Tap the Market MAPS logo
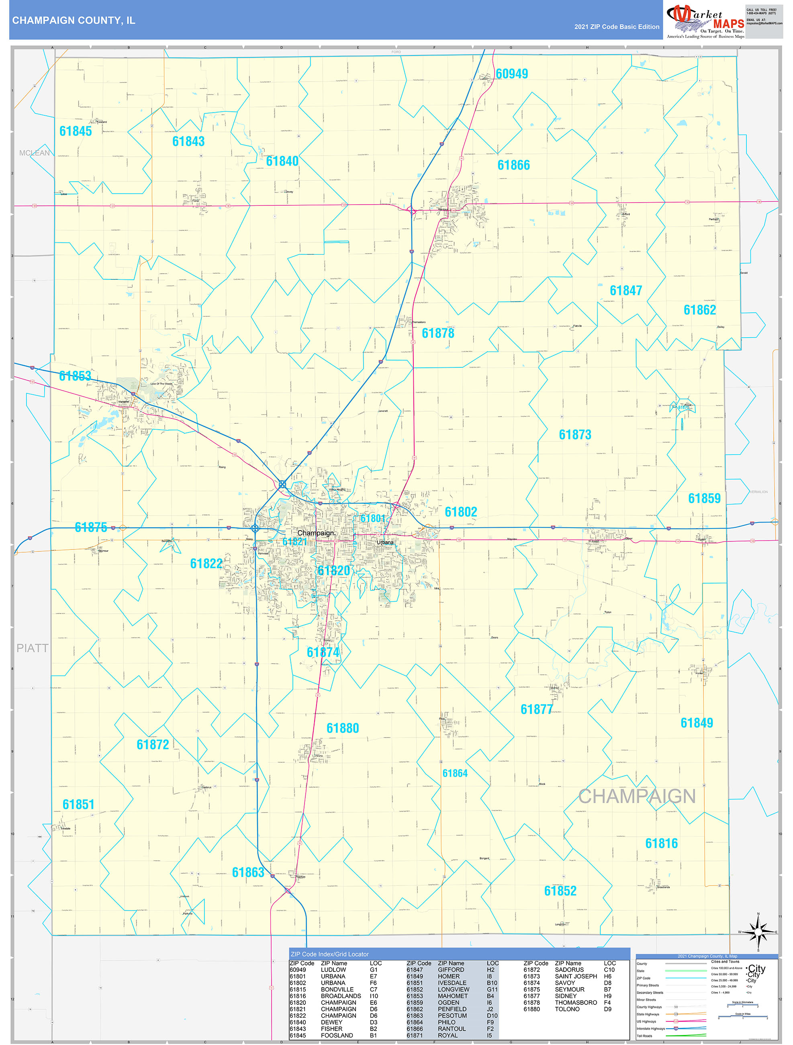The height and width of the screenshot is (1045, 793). pyautogui.click(x=705, y=21)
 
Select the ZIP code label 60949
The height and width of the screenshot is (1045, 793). pyautogui.click(x=511, y=74)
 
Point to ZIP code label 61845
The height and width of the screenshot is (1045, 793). pyautogui.click(x=76, y=131)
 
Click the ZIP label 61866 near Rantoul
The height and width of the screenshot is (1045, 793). pyautogui.click(x=513, y=165)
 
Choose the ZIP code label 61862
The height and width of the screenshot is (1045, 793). pyautogui.click(x=699, y=310)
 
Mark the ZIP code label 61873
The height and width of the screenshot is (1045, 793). pyautogui.click(x=575, y=434)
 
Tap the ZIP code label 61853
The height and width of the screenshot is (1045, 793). pyautogui.click(x=75, y=376)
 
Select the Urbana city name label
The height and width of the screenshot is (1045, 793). pyautogui.click(x=385, y=542)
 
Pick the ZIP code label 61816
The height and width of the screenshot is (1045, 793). pyautogui.click(x=661, y=843)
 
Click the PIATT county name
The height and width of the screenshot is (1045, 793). pyautogui.click(x=33, y=648)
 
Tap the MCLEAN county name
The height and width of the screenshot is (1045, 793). pyautogui.click(x=35, y=153)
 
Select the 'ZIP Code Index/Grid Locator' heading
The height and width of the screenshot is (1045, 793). pyautogui.click(x=330, y=954)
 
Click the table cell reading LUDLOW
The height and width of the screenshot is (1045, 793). pyautogui.click(x=333, y=969)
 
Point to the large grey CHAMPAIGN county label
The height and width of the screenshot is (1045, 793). pyautogui.click(x=637, y=797)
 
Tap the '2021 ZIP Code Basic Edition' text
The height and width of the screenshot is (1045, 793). pyautogui.click(x=616, y=27)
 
